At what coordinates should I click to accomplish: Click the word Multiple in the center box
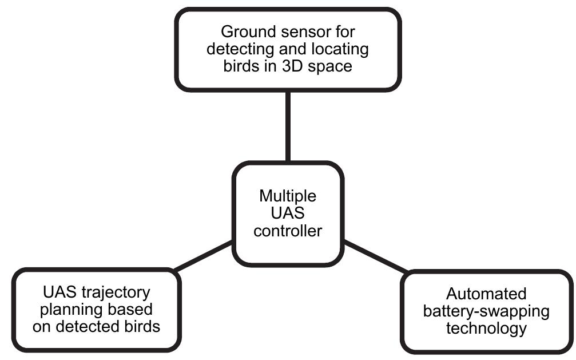pos(287,196)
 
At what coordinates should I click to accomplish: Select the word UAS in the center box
pos(288,213)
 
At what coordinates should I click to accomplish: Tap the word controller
pos(288,231)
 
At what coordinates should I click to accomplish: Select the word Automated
pos(486,294)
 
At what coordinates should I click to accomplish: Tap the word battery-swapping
pos(486,311)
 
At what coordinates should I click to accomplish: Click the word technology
pos(486,329)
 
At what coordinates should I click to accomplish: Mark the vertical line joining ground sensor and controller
pos(288,126)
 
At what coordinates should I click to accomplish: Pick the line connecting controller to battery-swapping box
pos(375,257)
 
